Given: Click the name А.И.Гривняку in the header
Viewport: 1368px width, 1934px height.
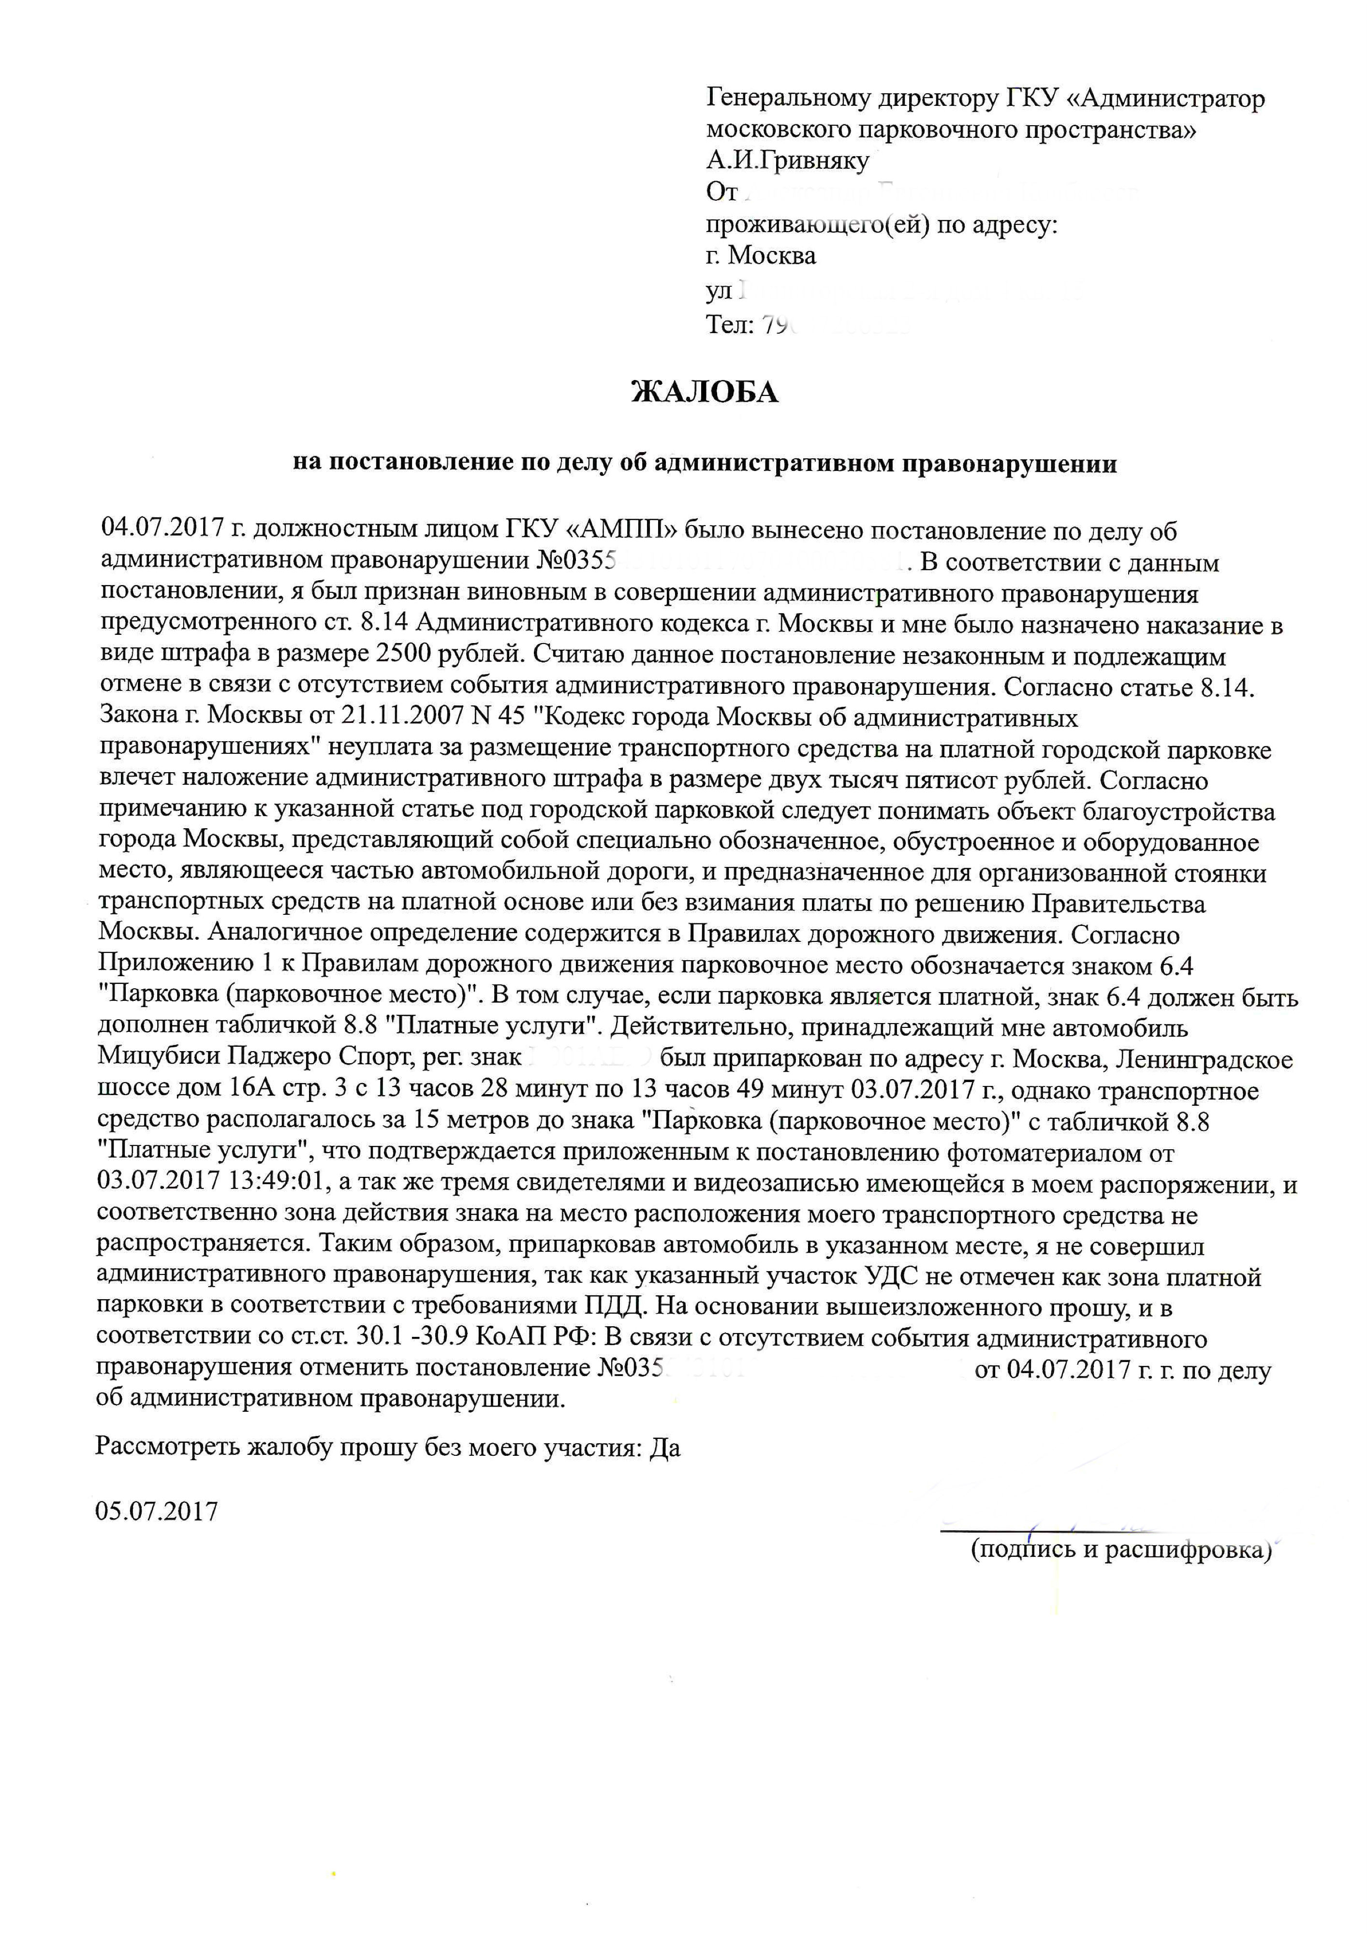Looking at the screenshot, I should (788, 161).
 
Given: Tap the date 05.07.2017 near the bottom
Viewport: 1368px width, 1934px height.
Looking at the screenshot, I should (157, 1510).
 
